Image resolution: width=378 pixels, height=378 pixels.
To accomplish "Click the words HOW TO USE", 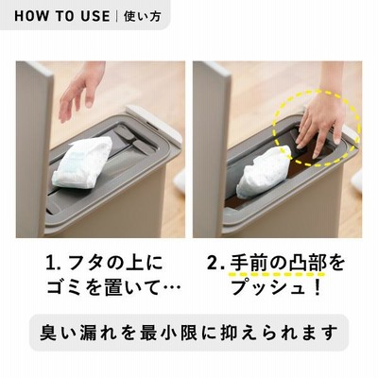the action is pyautogui.click(x=62, y=16).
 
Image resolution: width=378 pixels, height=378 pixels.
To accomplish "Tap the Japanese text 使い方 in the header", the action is pyautogui.click(x=143, y=16).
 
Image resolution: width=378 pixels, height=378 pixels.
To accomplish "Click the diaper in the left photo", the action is pyautogui.click(x=82, y=163).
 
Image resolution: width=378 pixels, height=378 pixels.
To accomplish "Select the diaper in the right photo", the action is pyautogui.click(x=264, y=172).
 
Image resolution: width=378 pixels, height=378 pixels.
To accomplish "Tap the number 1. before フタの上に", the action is pyautogui.click(x=53, y=264).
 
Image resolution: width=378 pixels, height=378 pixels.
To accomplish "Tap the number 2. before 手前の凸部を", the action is pyautogui.click(x=216, y=264).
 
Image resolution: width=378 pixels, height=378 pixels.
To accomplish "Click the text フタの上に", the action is pyautogui.click(x=116, y=264).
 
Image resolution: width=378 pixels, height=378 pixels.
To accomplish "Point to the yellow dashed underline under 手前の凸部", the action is pyautogui.click(x=278, y=274).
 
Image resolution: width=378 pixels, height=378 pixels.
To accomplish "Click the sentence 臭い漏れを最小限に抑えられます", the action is pyautogui.click(x=189, y=333).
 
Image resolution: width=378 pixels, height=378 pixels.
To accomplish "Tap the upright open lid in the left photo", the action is pyautogui.click(x=34, y=148).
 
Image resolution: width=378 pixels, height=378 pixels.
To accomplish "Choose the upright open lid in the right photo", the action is pyautogui.click(x=212, y=148).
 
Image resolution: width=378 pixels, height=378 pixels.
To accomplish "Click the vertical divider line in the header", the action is pyautogui.click(x=117, y=16).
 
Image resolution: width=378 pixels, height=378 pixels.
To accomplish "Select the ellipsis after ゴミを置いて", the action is pyautogui.click(x=173, y=288).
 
